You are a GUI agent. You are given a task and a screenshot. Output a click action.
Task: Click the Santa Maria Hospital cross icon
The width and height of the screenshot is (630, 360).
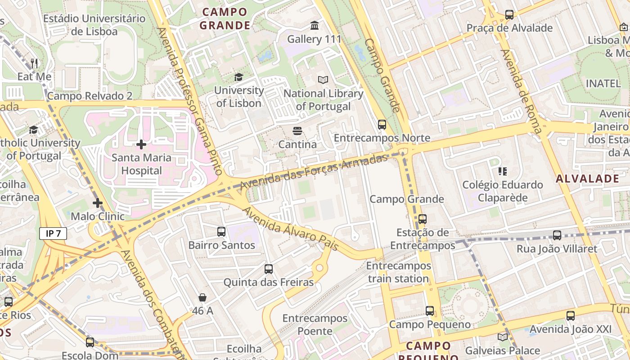click(141, 144)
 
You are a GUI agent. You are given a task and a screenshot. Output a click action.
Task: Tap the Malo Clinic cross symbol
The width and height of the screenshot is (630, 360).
click(98, 203)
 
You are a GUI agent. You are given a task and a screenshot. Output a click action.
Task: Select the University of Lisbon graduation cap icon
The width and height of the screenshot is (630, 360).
click(238, 77)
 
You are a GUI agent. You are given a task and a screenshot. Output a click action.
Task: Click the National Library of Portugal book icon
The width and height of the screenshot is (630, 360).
click(323, 80)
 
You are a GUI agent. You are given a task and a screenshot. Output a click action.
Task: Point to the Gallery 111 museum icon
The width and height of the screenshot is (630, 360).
click(315, 26)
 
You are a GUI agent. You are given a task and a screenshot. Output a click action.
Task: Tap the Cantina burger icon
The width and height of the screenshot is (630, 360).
click(297, 131)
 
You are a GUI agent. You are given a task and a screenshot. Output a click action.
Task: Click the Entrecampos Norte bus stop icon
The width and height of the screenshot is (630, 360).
click(382, 125)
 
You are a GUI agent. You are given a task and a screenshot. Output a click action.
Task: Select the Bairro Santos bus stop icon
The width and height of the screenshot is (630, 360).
click(221, 232)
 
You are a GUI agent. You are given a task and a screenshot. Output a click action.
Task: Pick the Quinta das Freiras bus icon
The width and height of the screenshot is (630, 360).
click(269, 269)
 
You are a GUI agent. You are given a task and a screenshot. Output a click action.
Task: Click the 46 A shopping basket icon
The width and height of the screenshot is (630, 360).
click(202, 297)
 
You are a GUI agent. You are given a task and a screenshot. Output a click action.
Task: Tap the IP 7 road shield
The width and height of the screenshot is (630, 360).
click(53, 234)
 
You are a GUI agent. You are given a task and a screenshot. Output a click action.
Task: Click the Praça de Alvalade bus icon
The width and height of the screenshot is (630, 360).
click(509, 15)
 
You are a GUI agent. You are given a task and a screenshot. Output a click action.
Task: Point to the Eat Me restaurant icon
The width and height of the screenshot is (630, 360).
click(34, 63)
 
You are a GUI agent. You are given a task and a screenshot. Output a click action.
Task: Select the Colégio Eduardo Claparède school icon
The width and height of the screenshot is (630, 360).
click(503, 171)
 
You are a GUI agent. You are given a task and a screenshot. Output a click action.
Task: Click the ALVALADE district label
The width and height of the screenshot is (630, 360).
click(587, 179)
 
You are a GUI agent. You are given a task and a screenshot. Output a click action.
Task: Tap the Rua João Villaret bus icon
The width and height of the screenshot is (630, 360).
click(557, 235)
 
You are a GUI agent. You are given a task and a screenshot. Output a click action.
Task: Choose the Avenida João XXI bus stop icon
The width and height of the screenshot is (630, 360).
click(571, 316)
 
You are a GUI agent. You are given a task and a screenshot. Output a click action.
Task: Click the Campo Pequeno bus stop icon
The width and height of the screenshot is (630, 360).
click(430, 311)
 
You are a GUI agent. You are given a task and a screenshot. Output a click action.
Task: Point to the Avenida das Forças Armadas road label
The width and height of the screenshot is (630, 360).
click(314, 171)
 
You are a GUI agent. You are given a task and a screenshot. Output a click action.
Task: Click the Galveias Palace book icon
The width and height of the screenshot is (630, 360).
click(503, 337)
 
